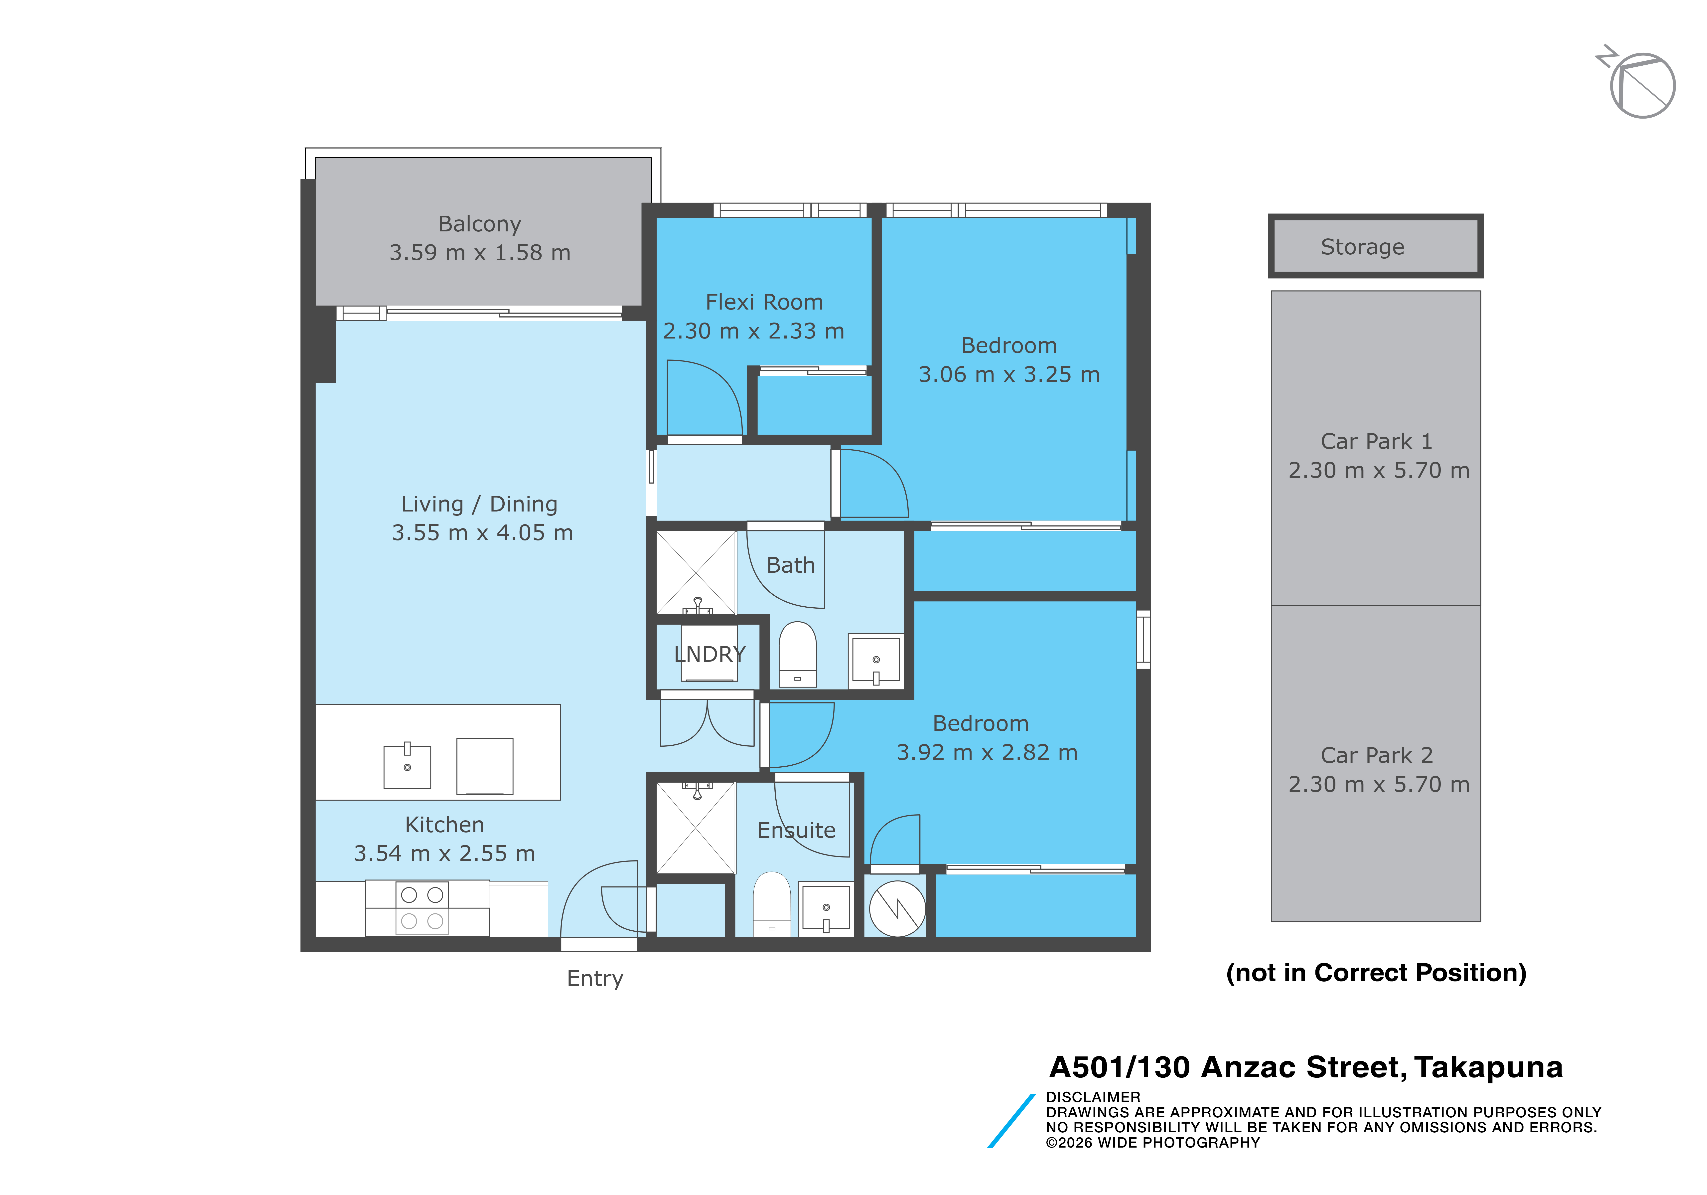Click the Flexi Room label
click(x=764, y=302)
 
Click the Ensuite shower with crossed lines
click(x=696, y=828)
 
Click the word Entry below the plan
click(x=595, y=979)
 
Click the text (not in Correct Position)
click(x=1376, y=973)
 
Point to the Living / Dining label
click(x=480, y=504)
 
